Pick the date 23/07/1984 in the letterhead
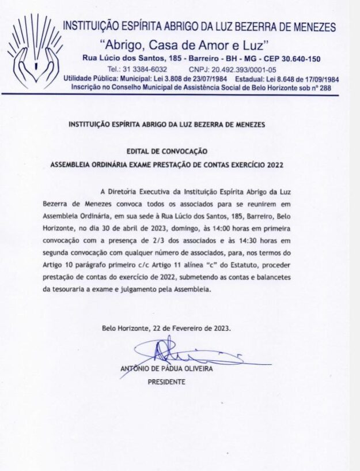202,78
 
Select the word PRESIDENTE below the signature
167,382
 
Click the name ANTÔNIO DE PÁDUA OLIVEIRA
166,368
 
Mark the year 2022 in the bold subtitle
274,164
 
